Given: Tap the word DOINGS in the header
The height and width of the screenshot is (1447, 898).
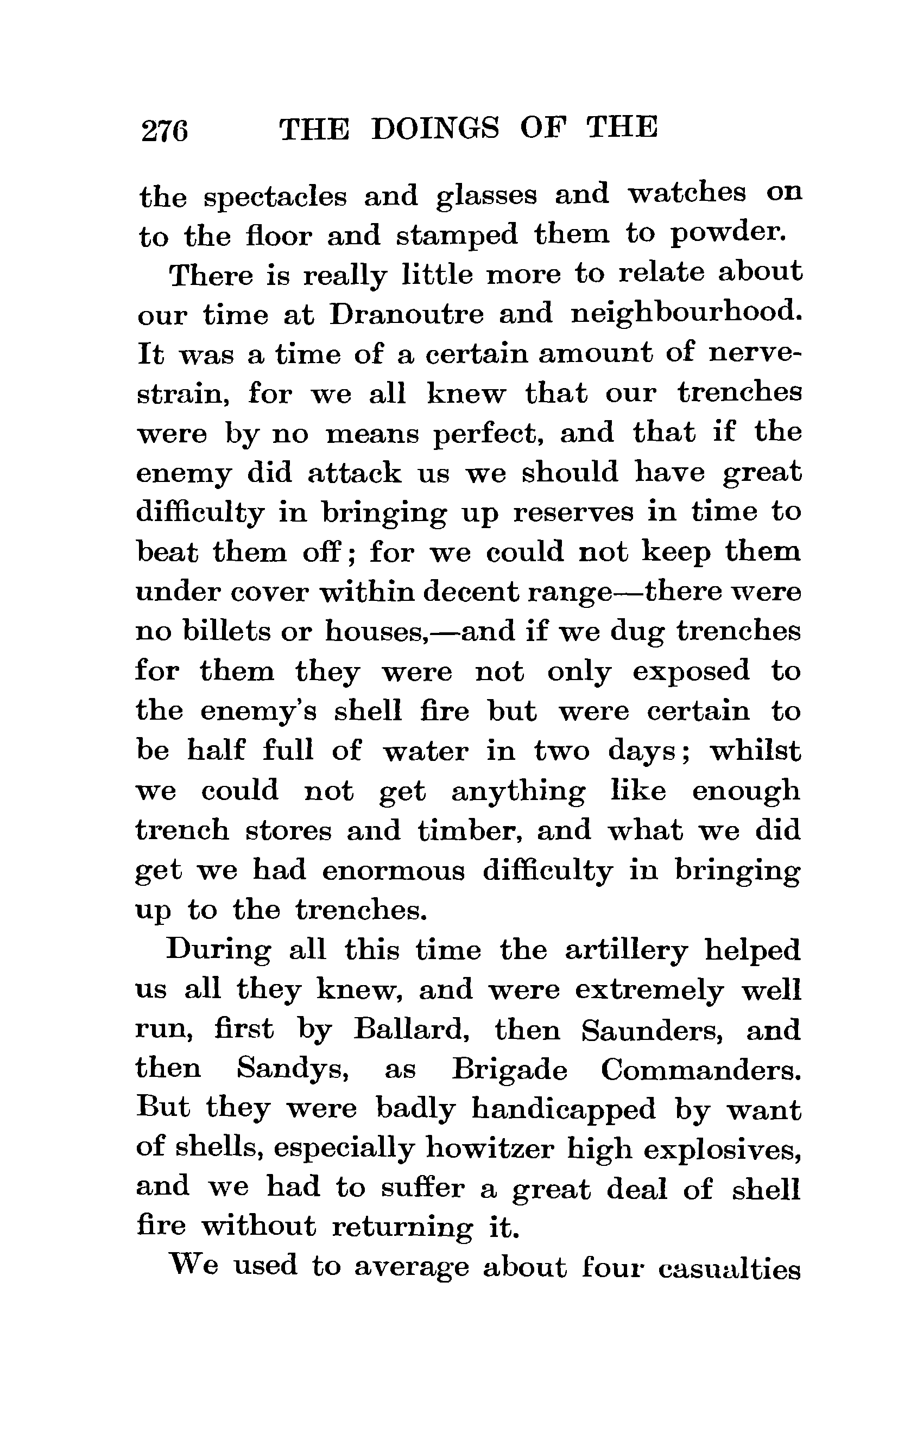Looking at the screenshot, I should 435,128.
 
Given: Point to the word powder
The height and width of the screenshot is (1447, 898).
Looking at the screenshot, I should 728,234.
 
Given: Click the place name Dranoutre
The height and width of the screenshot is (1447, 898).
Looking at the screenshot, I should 406,314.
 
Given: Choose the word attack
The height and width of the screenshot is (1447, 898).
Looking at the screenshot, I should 354,473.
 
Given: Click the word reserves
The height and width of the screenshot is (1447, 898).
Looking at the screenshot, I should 573,513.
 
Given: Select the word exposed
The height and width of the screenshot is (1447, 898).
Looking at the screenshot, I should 691,671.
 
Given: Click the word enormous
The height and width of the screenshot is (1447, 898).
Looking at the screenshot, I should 393,871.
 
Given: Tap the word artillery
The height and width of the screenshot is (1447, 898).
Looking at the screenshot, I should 625,950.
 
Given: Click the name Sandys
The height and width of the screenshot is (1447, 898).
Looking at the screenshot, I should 292,1070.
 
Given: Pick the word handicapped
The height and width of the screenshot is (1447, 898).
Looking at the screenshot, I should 564,1110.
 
